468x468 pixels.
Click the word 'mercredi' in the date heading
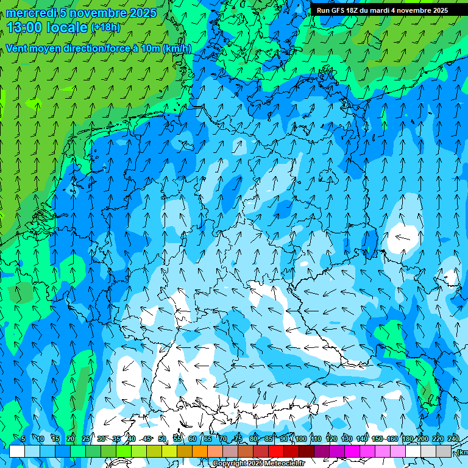[x=31, y=13]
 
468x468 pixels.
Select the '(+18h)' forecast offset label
[x=105, y=27]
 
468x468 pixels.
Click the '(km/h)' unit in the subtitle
[x=177, y=49]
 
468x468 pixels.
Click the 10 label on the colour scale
[x=40, y=439]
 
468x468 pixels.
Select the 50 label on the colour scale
[x=162, y=439]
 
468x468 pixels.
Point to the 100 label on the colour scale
[x=300, y=439]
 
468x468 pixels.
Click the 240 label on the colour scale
[x=453, y=439]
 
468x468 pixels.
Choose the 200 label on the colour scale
[x=422, y=439]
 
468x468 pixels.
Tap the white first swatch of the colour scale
[x=17, y=451]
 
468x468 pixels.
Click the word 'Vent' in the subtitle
[x=17, y=49]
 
